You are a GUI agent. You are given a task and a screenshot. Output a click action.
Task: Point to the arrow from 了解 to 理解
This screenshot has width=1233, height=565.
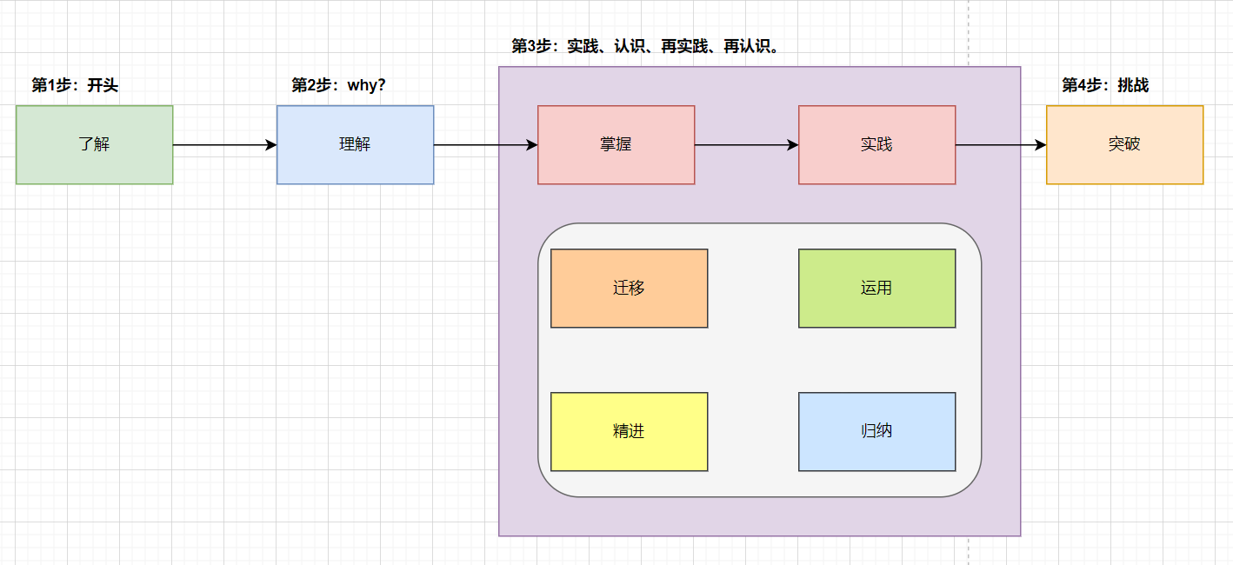(224, 145)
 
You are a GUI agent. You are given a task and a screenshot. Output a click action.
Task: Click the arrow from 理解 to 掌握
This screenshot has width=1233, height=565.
(485, 145)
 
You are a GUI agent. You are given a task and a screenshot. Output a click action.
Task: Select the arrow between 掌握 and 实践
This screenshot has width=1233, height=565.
(746, 145)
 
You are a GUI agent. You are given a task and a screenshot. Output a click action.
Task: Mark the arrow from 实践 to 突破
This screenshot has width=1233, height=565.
(1001, 145)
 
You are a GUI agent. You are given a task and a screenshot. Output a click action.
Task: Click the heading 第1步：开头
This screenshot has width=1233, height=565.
(75, 85)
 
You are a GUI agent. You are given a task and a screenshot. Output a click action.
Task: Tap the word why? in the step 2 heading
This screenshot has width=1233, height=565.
(366, 85)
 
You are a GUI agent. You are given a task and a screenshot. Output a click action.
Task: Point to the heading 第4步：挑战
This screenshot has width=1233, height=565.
(1105, 85)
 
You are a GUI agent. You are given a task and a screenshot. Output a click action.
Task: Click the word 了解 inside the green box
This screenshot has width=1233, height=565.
(94, 144)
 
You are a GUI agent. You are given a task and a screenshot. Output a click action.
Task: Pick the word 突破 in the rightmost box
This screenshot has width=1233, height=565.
(1124, 144)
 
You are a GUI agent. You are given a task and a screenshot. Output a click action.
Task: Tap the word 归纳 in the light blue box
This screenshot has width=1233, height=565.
(876, 431)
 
